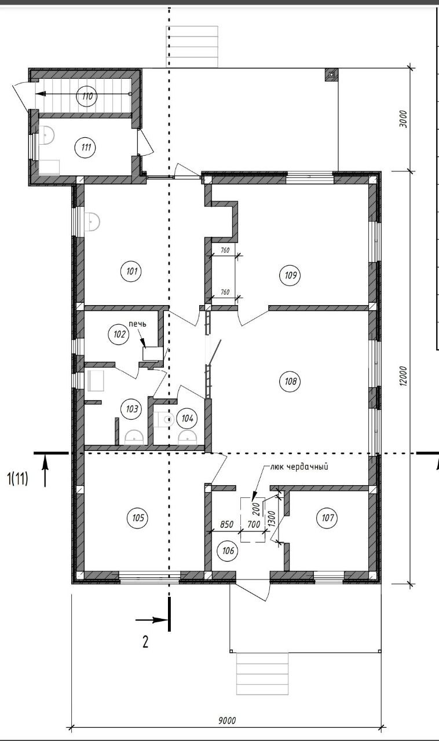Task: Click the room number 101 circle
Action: point(132,272)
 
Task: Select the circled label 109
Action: point(290,275)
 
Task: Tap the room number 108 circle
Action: point(290,381)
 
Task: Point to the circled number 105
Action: point(138,517)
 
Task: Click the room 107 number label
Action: point(327,517)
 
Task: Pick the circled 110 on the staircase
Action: point(87,97)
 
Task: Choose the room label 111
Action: point(86,146)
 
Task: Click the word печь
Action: point(137,324)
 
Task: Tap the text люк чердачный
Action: point(299,467)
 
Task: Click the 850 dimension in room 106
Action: point(227,524)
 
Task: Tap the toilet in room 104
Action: point(164,420)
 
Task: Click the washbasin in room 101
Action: point(92,222)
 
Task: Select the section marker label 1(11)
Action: point(17,479)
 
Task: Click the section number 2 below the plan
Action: point(145,642)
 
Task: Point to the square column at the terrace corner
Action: point(331,75)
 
